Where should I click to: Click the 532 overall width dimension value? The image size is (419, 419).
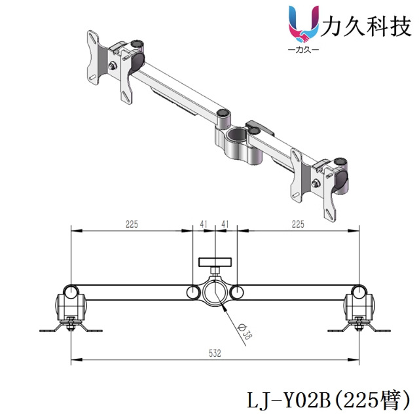[215, 354]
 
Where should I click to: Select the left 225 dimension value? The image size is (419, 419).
[131, 224]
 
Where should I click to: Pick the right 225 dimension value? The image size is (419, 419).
[298, 224]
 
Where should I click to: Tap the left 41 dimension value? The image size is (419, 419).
[204, 224]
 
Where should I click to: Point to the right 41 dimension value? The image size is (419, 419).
[225, 224]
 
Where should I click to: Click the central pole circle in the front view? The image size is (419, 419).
[215, 292]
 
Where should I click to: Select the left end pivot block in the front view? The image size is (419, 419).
[70, 304]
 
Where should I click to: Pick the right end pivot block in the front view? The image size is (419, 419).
[359, 304]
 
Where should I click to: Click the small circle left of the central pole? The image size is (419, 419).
[193, 292]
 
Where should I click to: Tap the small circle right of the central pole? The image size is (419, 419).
[236, 292]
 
